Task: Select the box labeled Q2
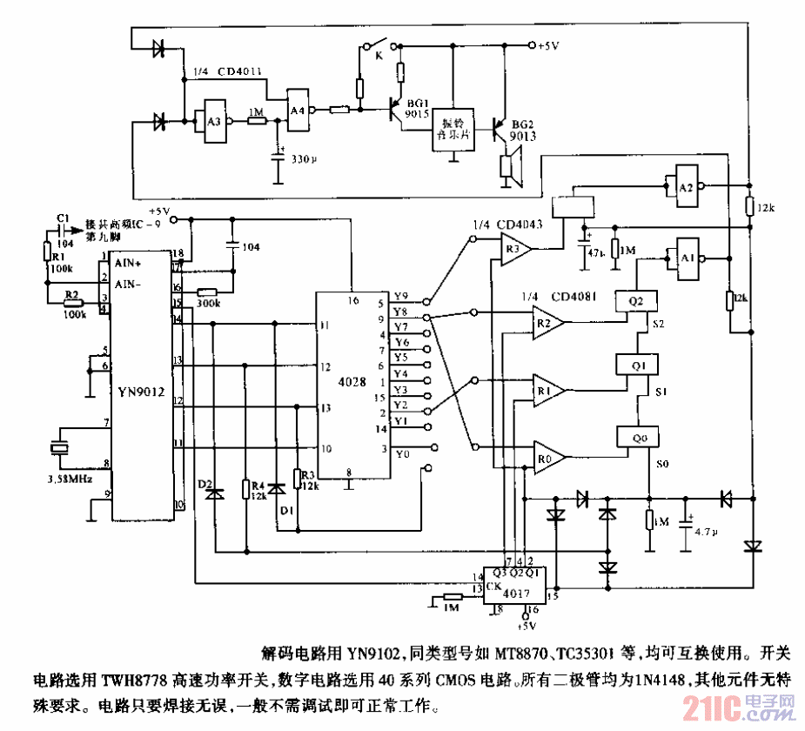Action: (635, 299)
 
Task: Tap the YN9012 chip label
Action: (142, 391)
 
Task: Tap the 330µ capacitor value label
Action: (305, 160)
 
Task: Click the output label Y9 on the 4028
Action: (400, 296)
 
